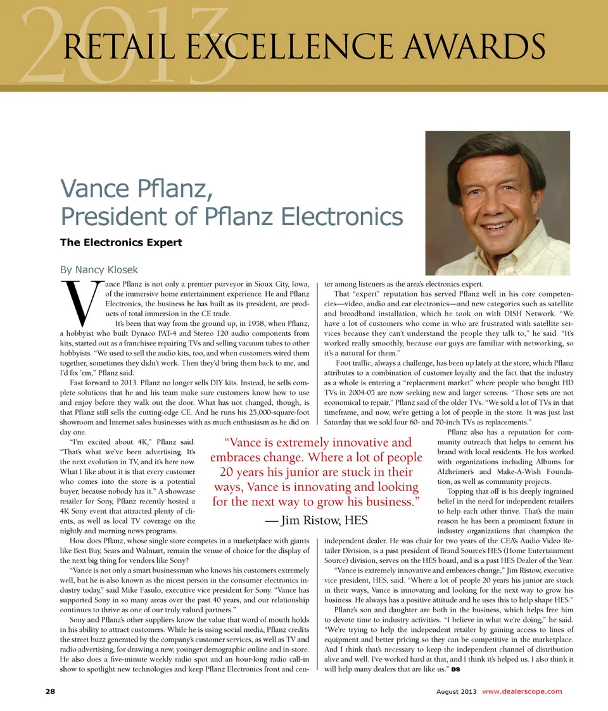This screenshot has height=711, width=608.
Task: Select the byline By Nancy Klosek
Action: [99, 270]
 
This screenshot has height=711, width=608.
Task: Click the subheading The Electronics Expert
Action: [120, 242]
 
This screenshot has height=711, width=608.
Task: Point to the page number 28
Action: [50, 691]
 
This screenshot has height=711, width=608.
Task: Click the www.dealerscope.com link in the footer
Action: [522, 691]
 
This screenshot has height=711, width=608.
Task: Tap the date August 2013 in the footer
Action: [456, 691]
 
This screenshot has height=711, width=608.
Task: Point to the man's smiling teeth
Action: [497, 225]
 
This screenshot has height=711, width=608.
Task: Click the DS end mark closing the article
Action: [455, 669]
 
